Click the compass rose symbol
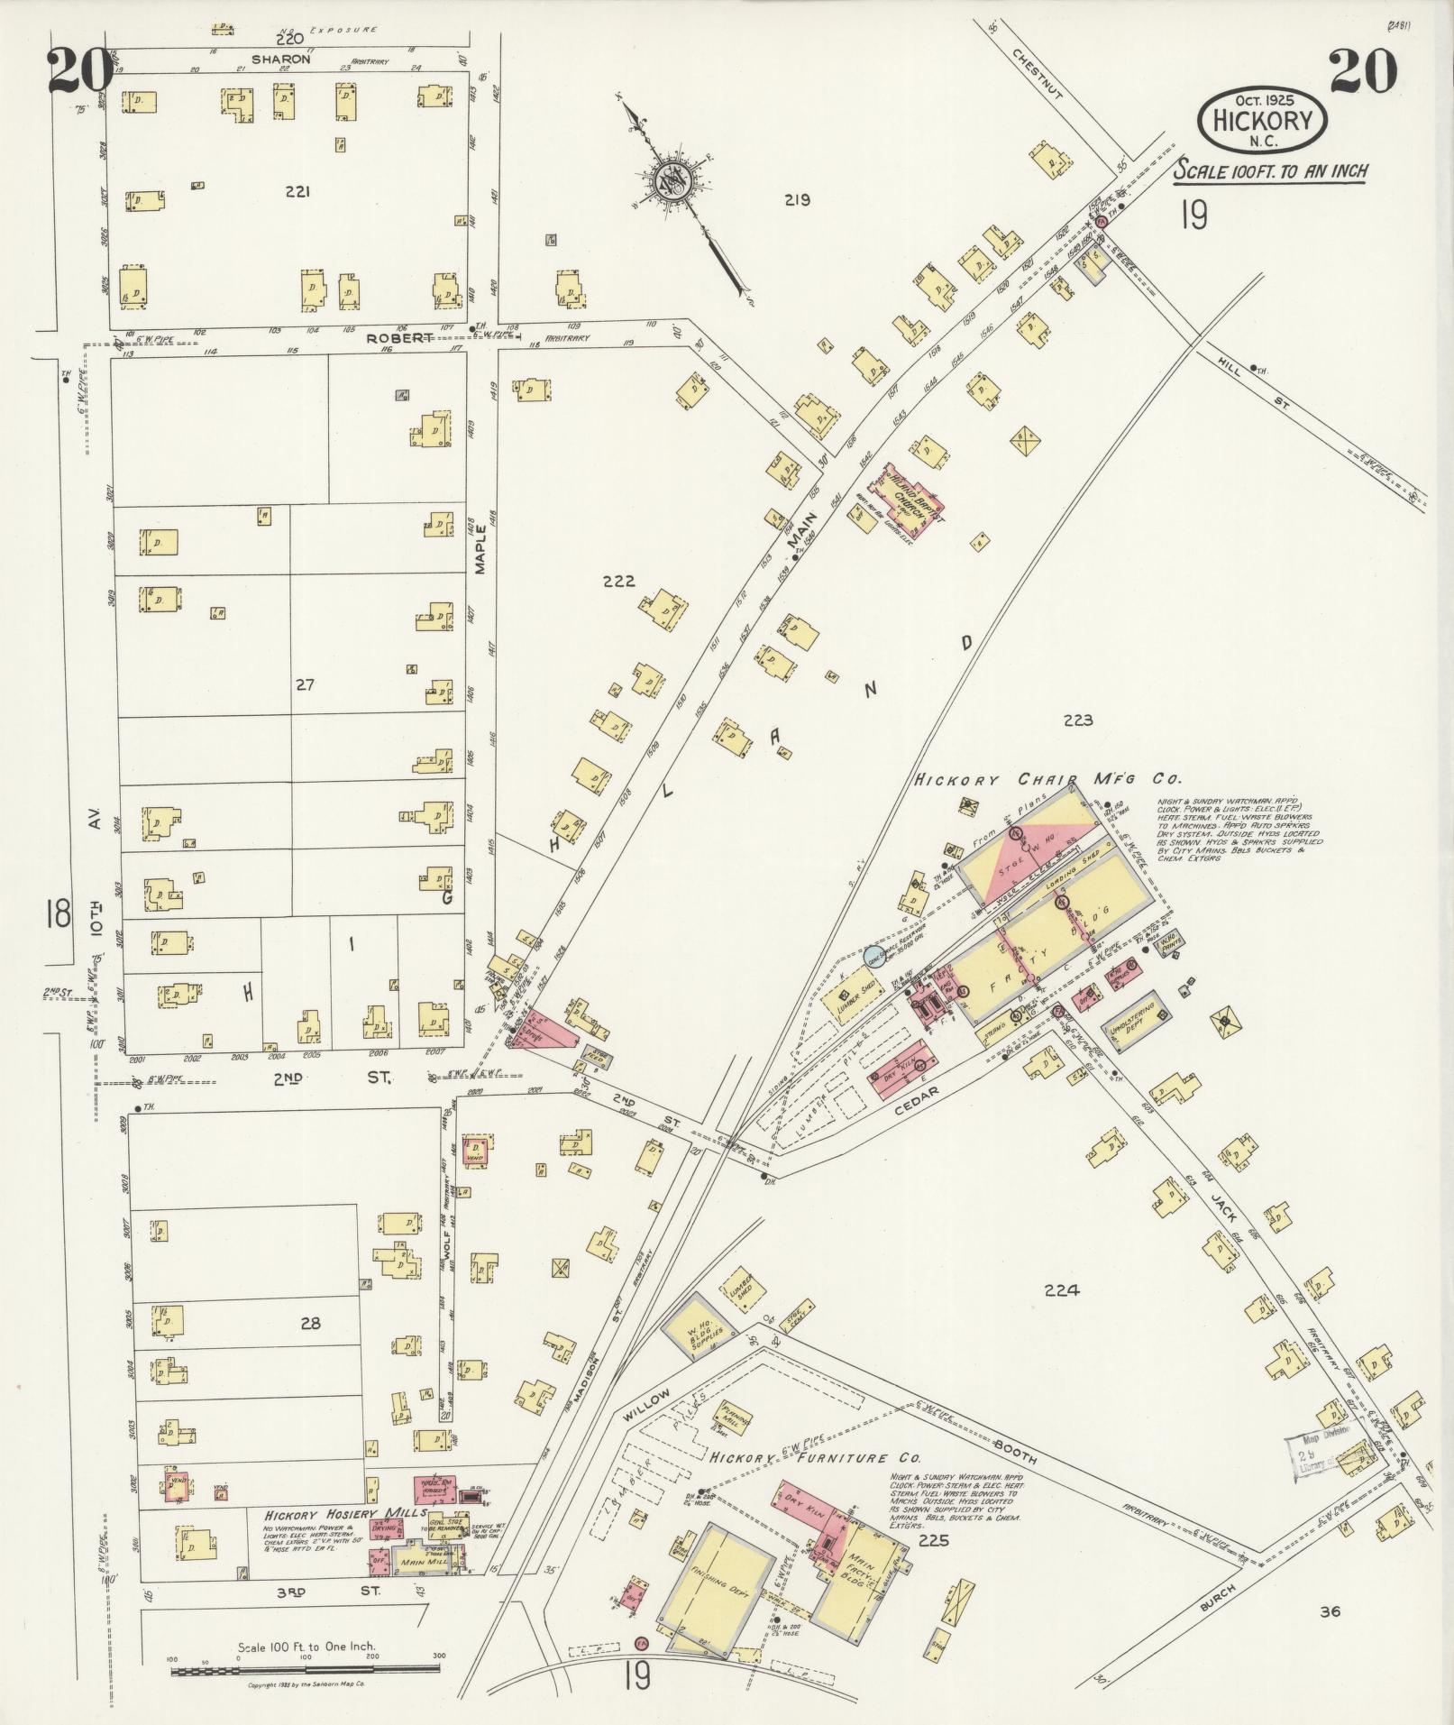click(671, 179)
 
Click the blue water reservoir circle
click(871, 955)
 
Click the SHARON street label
click(280, 60)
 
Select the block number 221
click(297, 191)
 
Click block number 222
click(619, 581)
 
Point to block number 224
click(1061, 1290)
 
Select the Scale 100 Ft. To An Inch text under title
click(1270, 171)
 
